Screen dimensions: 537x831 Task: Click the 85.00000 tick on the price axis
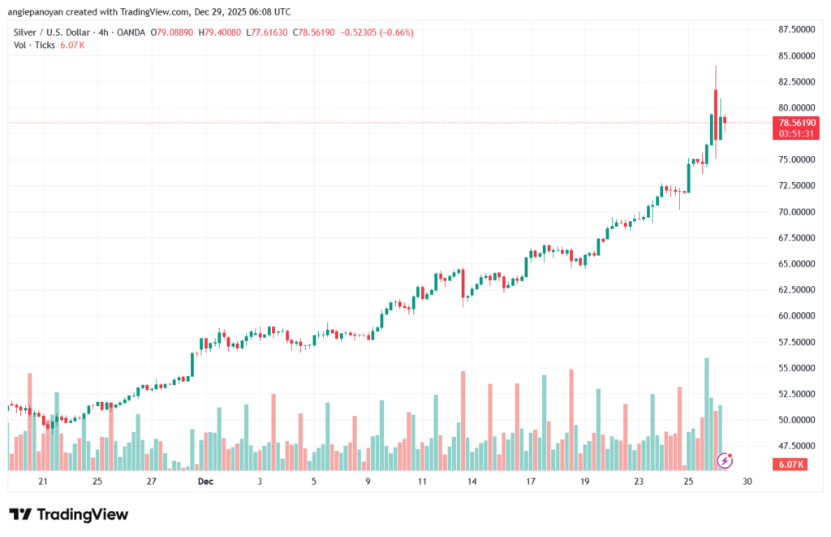tap(795, 56)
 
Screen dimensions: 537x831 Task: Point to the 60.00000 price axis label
tap(795, 316)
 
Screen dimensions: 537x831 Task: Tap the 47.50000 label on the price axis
tap(795, 446)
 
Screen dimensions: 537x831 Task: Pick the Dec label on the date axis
tap(205, 482)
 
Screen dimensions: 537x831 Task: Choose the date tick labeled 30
tap(747, 482)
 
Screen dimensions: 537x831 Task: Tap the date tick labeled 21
tap(43, 482)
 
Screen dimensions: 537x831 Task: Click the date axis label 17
tap(530, 482)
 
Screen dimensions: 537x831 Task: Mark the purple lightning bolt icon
tap(726, 461)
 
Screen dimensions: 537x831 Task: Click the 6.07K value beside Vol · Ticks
tap(72, 45)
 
